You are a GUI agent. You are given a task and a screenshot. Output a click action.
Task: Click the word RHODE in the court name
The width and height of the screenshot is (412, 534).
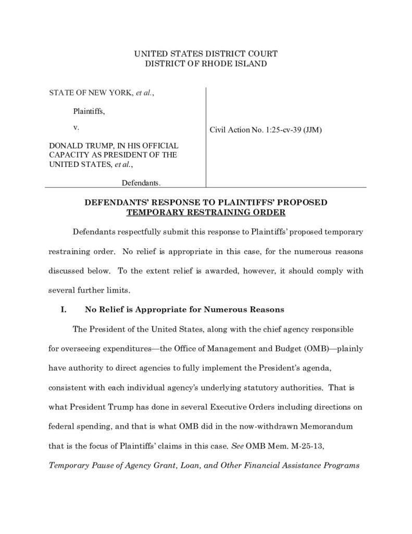coord(221,64)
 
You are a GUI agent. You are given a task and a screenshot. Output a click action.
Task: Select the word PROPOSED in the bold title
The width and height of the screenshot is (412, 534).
coord(304,202)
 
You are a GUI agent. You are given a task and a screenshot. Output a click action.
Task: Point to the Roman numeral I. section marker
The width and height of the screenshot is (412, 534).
coord(63,309)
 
